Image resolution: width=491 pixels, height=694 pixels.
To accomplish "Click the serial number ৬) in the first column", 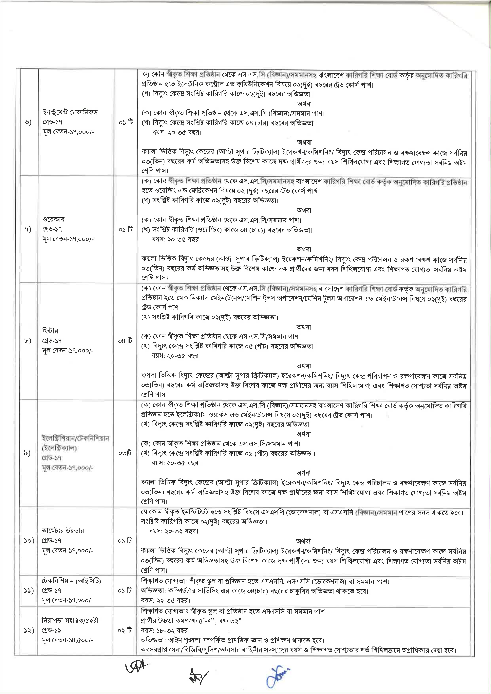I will point(28,122).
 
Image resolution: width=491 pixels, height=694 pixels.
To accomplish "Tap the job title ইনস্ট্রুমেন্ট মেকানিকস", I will point(70,112).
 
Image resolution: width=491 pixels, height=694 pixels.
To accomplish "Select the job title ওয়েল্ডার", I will point(53,219).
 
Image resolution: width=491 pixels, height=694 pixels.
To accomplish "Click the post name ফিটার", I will point(50,331).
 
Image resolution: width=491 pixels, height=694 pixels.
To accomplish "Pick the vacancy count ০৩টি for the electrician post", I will point(125,453).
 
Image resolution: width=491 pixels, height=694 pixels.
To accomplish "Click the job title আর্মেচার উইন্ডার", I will point(63,531).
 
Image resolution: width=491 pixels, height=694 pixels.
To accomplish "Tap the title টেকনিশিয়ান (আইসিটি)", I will point(71,581).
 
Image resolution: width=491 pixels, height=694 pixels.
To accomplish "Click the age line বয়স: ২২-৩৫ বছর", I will point(165,600).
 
